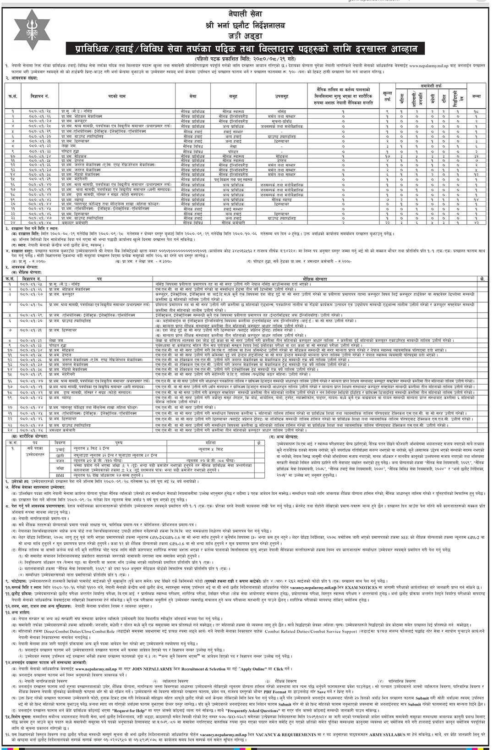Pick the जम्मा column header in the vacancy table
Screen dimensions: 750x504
[476, 96]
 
